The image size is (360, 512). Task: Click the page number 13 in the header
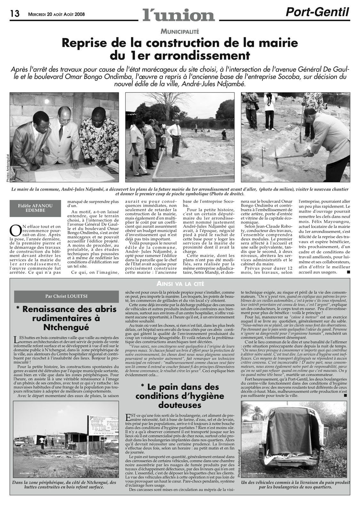(15, 13)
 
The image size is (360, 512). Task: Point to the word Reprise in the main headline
(84, 43)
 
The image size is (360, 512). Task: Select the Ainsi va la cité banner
(180, 283)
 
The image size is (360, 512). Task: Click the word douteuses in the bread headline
(180, 405)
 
